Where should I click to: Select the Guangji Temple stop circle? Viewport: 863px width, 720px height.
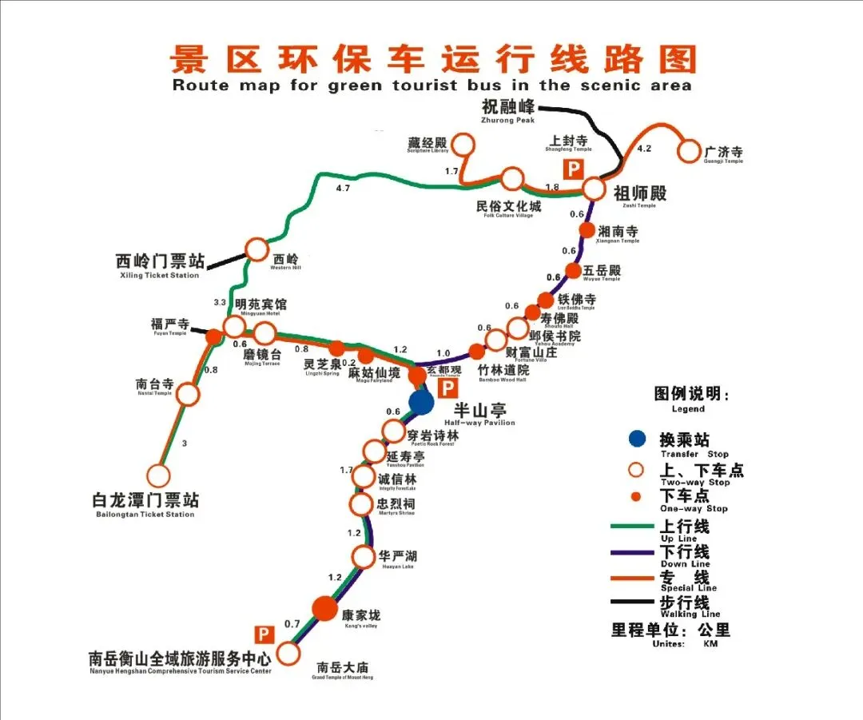coord(689,150)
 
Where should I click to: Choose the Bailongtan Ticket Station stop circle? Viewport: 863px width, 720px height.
coord(158,475)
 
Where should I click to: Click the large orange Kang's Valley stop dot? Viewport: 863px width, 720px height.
coord(324,609)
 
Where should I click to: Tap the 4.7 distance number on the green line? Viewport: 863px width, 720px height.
coord(344,189)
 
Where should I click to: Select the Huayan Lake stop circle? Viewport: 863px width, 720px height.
coord(364,557)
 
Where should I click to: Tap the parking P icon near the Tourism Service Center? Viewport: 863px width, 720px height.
coord(264,634)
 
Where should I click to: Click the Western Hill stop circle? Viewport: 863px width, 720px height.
coord(257,249)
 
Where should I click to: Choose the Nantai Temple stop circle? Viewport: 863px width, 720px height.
coord(188,394)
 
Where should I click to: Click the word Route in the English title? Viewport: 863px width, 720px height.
coord(200,85)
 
